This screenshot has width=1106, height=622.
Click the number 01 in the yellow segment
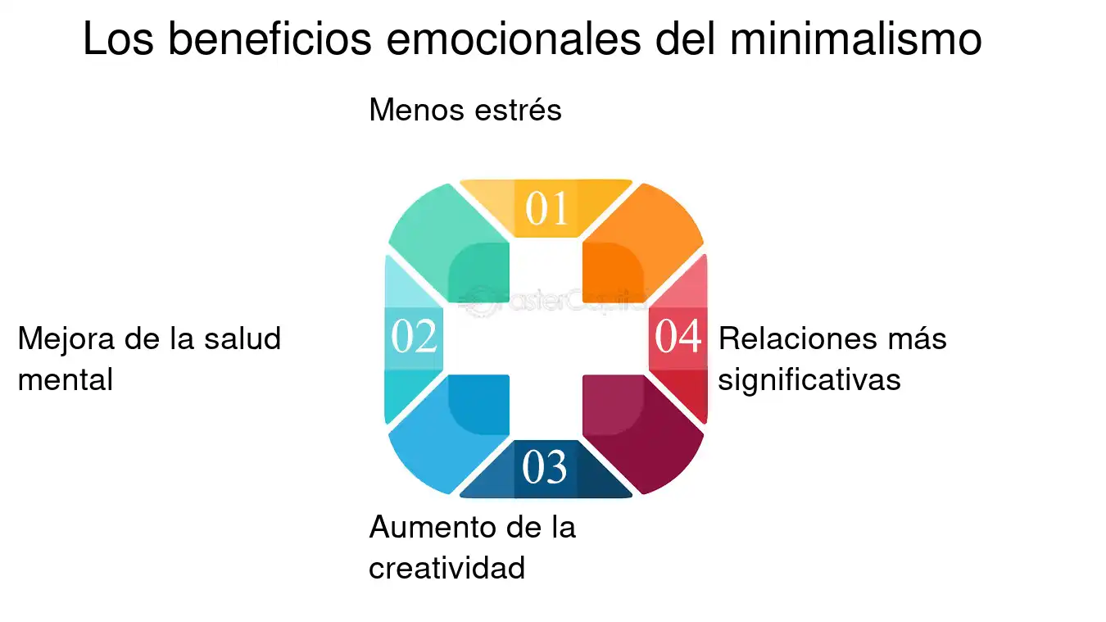click(x=546, y=208)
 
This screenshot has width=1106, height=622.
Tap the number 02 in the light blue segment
click(x=414, y=336)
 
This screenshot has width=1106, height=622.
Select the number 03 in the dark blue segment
click(x=545, y=467)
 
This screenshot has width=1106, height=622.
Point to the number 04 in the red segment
click(x=678, y=336)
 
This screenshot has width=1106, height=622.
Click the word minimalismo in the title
click(x=855, y=39)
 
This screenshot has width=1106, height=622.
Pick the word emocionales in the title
click(x=514, y=39)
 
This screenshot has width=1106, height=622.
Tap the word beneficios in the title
click(x=270, y=39)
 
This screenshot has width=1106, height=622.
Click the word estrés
click(x=518, y=109)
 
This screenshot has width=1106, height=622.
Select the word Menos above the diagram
click(x=417, y=110)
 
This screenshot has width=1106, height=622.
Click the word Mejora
click(x=66, y=340)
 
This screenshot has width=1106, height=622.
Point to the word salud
click(x=243, y=338)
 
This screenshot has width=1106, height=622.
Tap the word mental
click(x=66, y=379)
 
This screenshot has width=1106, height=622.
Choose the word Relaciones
click(x=797, y=338)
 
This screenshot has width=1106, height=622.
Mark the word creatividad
click(x=446, y=567)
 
